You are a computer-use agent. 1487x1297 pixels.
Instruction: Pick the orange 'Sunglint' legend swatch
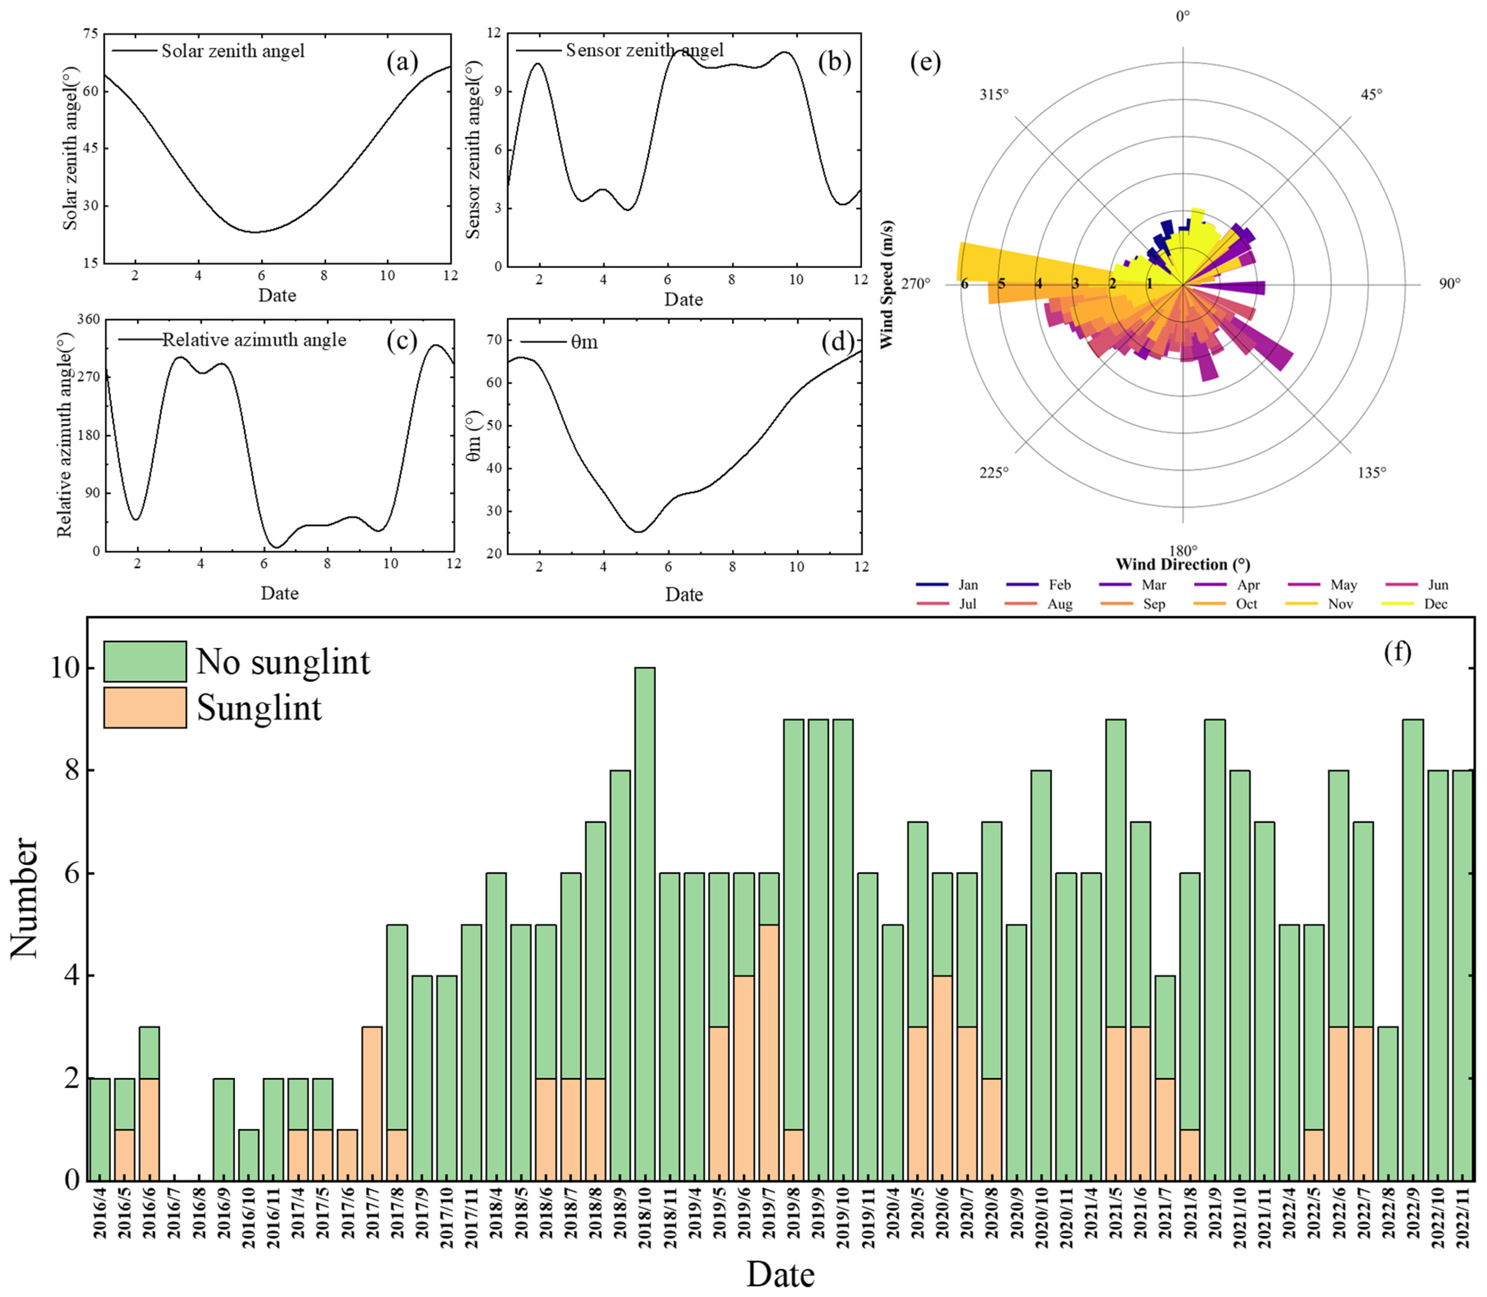[145, 707]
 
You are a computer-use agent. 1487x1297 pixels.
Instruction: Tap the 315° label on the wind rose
[994, 95]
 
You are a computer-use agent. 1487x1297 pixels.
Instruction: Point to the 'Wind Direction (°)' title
[1182, 564]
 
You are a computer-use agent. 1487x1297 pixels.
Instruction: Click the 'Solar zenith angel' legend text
[232, 51]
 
